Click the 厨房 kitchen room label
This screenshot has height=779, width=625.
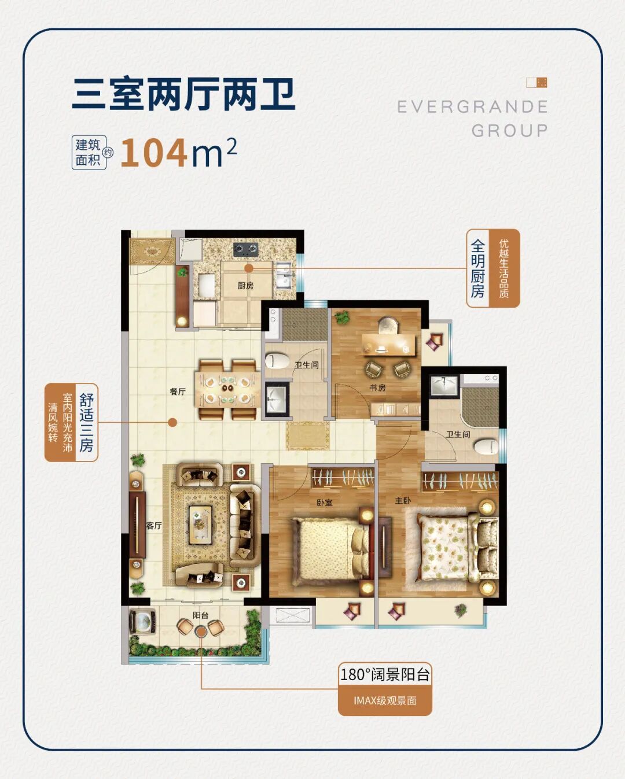point(245,286)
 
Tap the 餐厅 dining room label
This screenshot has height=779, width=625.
point(178,392)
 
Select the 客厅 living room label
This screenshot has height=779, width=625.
point(154,526)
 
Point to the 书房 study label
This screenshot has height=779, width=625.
point(377,387)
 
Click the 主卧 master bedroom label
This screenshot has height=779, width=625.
point(403,500)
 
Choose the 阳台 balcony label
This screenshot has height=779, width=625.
point(201,615)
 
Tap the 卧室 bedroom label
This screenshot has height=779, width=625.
point(325,503)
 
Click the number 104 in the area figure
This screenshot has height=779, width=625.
point(154,153)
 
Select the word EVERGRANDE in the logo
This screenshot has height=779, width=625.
point(472,107)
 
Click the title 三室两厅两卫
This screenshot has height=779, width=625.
point(184,95)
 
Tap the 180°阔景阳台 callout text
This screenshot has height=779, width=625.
point(385,674)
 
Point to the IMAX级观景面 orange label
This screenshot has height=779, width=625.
point(385,701)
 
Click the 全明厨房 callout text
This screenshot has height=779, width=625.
point(477,268)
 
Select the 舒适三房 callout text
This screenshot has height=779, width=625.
point(86,422)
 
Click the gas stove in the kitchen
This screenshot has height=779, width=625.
point(245,250)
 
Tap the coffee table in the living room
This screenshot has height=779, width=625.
point(200,525)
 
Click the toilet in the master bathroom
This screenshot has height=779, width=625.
point(486,447)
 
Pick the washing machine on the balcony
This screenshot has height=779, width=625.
point(141,622)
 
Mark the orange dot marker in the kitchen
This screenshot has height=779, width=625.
point(248,268)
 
